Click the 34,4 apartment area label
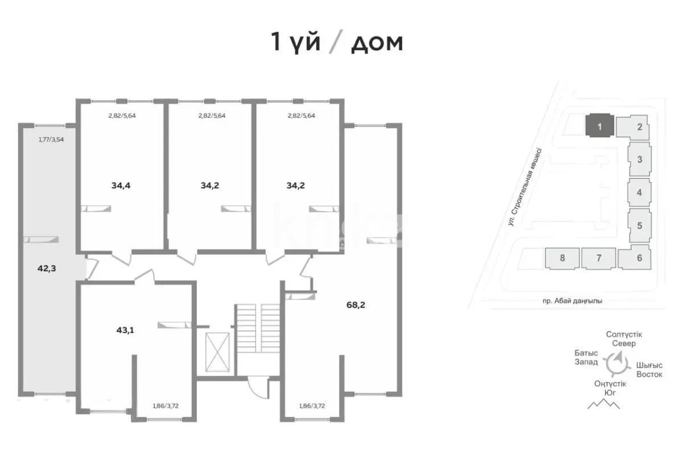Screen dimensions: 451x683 click(x=120, y=185)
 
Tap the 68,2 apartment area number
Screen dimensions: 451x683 click(x=356, y=304)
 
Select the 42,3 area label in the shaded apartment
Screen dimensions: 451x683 click(x=47, y=269)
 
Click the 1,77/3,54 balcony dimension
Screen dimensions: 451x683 click(x=51, y=139)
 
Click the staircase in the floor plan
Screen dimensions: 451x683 click(x=258, y=336)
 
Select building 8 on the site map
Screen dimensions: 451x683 click(x=562, y=258)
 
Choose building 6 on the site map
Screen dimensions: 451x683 click(x=640, y=258)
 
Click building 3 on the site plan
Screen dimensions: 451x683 click(x=640, y=159)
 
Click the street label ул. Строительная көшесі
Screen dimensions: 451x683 click(x=526, y=188)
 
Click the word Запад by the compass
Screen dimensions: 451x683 click(x=586, y=362)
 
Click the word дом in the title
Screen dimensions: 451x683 click(x=377, y=43)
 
